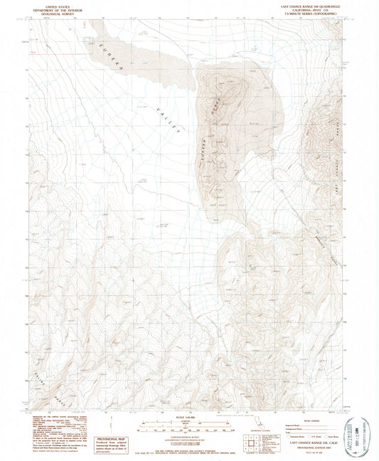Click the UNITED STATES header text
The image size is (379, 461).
pos(53,5)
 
